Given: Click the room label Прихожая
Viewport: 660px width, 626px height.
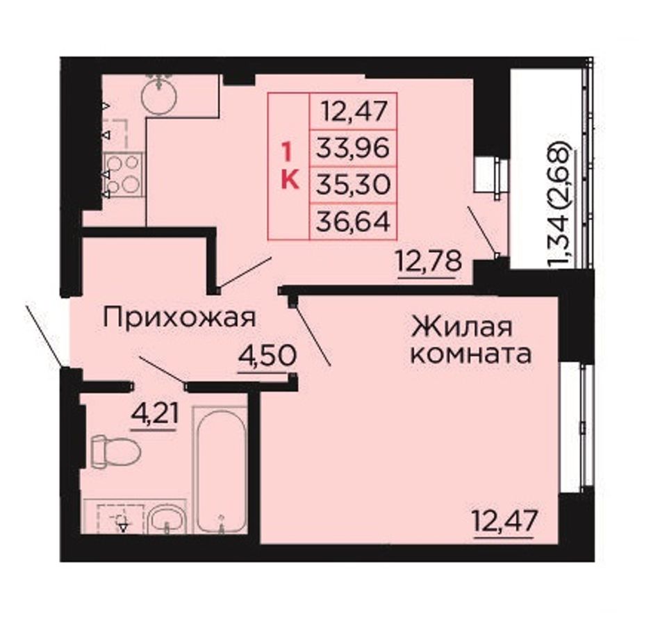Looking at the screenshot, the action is [179, 318].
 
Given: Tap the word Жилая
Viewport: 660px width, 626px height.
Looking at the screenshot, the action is [462, 327].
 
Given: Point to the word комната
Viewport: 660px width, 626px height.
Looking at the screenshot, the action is [470, 354].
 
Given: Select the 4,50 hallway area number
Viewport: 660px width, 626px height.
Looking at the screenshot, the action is [267, 357].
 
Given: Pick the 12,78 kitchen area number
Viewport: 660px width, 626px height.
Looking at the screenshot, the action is [429, 262].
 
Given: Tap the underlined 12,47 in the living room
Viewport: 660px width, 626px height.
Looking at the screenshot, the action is [505, 521].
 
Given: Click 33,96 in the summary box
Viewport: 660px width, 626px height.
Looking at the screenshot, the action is [353, 148].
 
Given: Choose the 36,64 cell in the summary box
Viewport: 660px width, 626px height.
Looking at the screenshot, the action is [353, 222].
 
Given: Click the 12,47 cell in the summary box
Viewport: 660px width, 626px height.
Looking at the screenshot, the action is [354, 111].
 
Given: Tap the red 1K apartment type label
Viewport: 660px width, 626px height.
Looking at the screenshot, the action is [289, 166].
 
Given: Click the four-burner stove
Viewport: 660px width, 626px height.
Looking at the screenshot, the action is [123, 174].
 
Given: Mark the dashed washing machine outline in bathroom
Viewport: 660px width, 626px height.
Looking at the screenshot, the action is [121, 518].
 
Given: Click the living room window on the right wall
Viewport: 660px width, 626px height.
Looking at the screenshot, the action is [576, 427].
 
